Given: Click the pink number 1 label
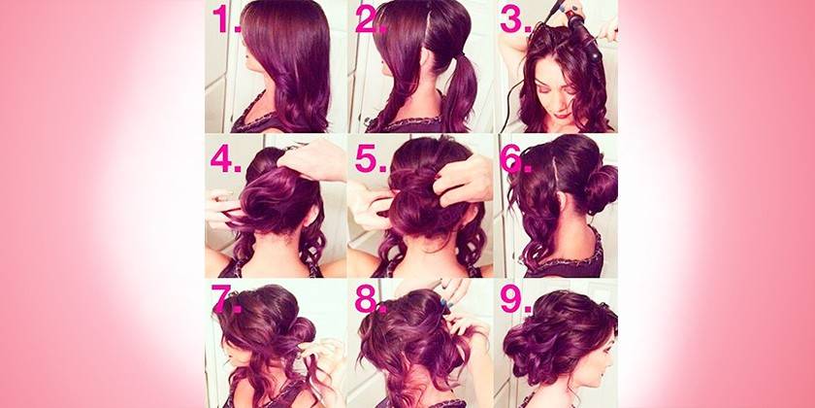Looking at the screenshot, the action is coord(226,20).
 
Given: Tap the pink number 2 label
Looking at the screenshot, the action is coord(371,20).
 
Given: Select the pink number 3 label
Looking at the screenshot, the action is coord(515,20).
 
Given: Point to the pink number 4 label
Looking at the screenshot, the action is coord(226,159).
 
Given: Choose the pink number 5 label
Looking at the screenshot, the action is coord(371,159).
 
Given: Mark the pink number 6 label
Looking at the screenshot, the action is coord(515,159).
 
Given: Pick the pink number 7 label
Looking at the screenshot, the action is coord(226,299).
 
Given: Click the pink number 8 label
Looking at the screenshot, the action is coord(371,299).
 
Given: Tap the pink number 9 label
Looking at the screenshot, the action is coord(515,299).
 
